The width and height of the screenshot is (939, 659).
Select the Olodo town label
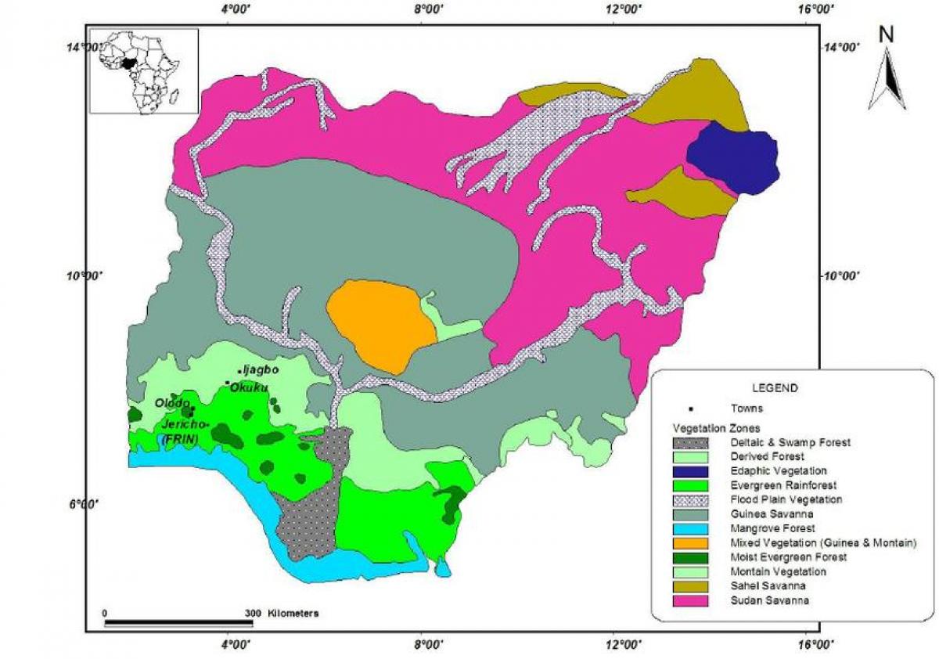pyautogui.click(x=171, y=404)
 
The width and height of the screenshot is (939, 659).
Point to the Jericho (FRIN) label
pyautogui.click(x=182, y=430)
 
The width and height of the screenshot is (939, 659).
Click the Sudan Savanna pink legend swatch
pyautogui.click(x=692, y=600)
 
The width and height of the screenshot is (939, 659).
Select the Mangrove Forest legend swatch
pyautogui.click(x=692, y=528)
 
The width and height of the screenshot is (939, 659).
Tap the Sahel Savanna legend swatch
pyautogui.click(x=692, y=586)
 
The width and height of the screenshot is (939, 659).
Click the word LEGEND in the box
pyautogui.click(x=775, y=388)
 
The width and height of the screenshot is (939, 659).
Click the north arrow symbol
pyautogui.click(x=886, y=79)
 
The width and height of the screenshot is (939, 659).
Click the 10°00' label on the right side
pyautogui.click(x=844, y=275)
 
